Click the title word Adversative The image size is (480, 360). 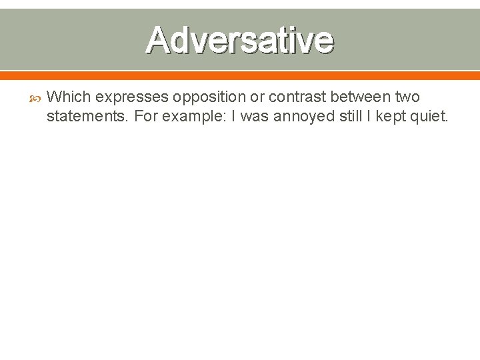(239, 39)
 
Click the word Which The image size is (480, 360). (69, 97)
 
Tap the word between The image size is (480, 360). (362, 97)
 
